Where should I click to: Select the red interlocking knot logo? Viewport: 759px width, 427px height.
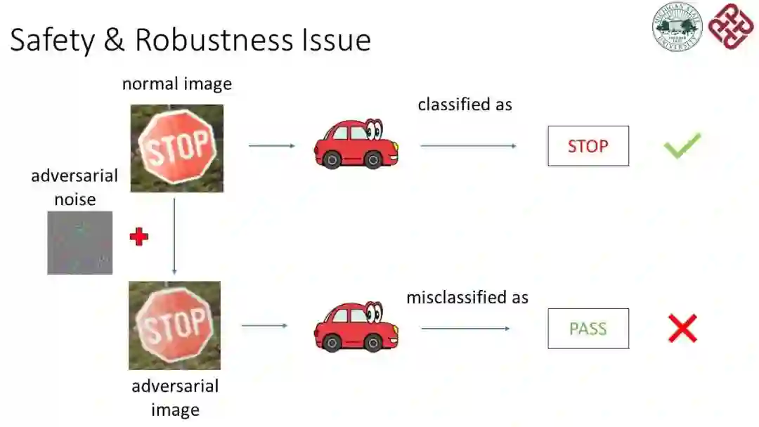(730, 26)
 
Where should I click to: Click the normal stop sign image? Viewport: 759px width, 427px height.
(177, 148)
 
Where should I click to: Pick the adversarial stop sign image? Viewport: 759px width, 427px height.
(175, 325)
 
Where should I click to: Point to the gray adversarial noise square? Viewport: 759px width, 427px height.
(79, 242)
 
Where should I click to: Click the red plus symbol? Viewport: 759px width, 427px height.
(139, 237)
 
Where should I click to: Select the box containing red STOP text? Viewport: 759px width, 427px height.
(588, 146)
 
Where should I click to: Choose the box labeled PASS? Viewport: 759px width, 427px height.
(588, 329)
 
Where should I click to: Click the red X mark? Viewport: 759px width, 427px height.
(682, 328)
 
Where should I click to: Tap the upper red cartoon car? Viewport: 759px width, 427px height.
(356, 143)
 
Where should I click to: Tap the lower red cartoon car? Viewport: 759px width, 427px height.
(356, 327)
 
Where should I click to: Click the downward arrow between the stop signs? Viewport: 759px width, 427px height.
(174, 235)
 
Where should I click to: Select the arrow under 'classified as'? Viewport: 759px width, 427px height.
(468, 146)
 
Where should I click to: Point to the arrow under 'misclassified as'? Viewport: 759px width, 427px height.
(465, 328)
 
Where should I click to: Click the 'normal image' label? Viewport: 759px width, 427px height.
(177, 84)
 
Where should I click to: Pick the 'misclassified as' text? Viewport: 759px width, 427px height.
(467, 297)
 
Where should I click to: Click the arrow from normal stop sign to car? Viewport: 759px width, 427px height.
(272, 146)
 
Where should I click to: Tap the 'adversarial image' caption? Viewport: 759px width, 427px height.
(175, 398)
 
